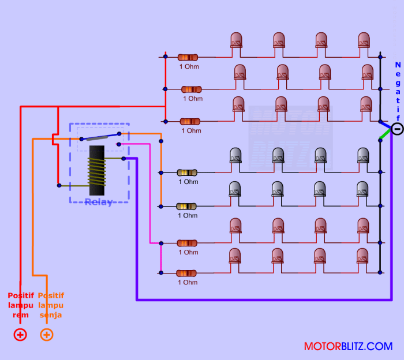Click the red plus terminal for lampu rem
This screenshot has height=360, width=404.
(20, 335)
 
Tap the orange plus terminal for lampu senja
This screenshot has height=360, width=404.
(47, 335)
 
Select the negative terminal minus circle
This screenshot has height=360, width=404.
(397, 129)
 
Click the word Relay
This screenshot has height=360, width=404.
(98, 202)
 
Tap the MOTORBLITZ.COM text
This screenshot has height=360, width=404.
(348, 347)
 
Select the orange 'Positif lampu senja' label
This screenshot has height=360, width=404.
(51, 305)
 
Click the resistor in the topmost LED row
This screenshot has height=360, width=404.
(188, 57)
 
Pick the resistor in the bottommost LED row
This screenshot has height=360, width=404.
(188, 273)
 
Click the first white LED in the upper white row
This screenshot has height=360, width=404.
(235, 156)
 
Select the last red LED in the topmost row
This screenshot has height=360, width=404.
(364, 40)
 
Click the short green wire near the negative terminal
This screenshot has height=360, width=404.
(384, 135)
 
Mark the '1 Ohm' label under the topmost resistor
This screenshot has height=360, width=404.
(189, 66)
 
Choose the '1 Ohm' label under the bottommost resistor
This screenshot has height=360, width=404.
(188, 282)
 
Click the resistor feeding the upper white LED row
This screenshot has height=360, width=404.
(188, 172)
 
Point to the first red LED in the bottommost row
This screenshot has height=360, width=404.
(234, 256)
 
